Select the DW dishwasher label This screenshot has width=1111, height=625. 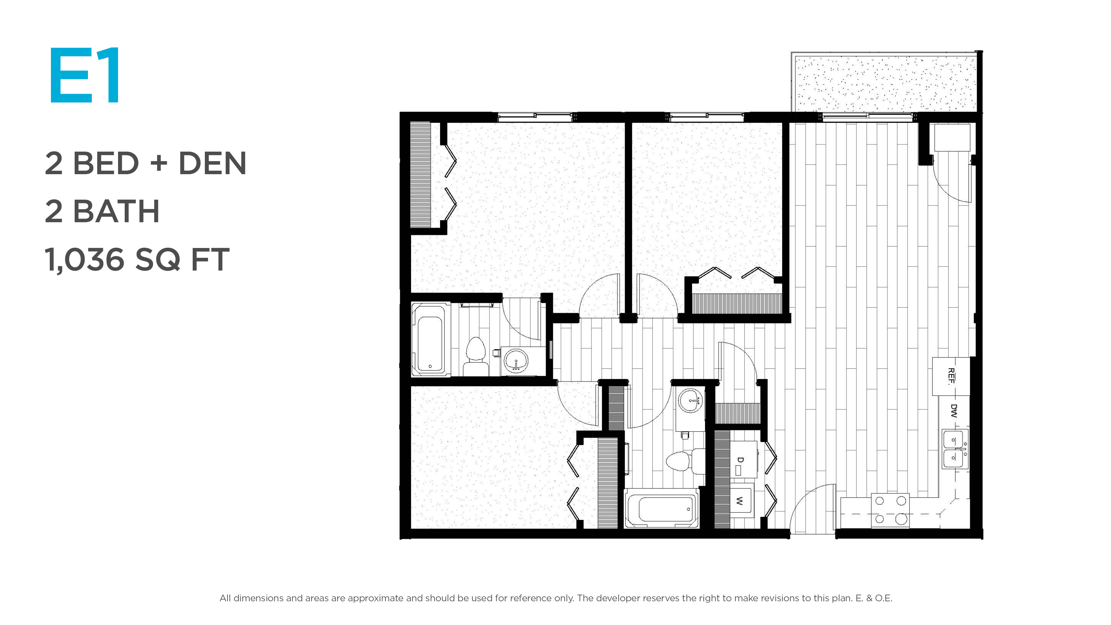[x=954, y=411]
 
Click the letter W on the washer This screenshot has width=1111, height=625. [x=739, y=501]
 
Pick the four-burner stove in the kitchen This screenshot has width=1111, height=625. [x=890, y=510]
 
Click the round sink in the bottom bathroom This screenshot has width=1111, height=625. [x=690, y=401]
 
